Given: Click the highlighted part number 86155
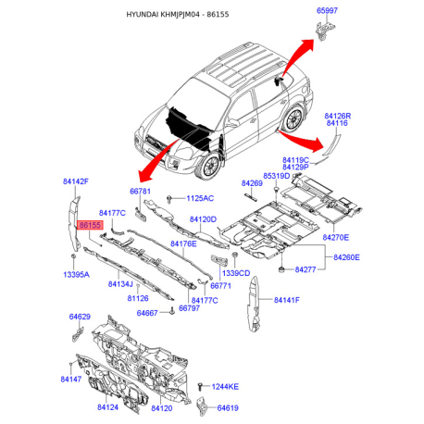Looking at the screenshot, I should coord(90,225).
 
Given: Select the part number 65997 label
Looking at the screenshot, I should coord(329,11).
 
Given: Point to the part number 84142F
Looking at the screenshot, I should coord(76,181).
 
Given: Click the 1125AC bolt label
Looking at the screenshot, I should coord(199,198).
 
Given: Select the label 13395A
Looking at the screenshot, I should coord(76,275).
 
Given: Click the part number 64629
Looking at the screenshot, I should coord(80,317).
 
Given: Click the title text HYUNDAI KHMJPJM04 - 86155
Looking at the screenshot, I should coord(212,16).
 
